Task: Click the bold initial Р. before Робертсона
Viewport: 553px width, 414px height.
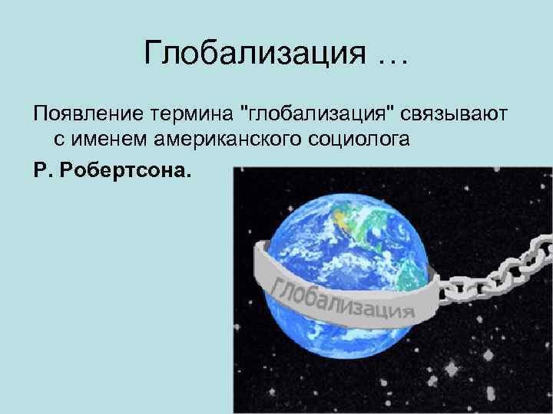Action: (42, 166)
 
